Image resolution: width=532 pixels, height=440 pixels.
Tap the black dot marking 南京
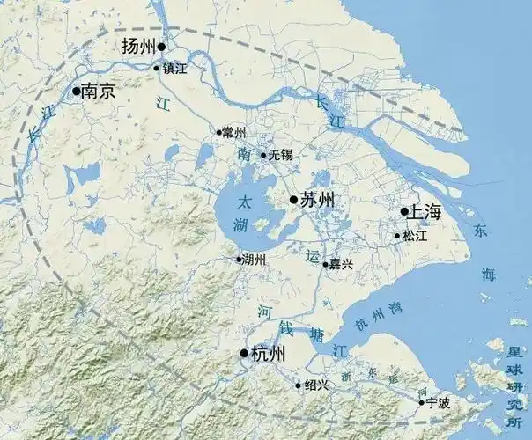(77, 91)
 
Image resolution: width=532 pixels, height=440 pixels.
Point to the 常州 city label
(235, 133)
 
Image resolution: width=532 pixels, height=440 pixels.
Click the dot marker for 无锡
(262, 155)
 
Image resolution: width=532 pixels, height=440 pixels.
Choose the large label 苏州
(318, 201)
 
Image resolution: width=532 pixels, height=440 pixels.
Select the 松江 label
(415, 236)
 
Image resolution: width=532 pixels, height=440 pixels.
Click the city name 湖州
(254, 260)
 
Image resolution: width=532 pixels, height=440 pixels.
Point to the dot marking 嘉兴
(325, 264)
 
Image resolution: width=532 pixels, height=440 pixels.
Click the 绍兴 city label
(316, 385)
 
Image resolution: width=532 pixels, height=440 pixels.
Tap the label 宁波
(438, 403)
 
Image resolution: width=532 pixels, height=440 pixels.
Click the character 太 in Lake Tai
(247, 202)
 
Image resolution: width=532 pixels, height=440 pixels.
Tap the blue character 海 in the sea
(490, 275)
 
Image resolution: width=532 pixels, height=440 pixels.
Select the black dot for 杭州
(244, 354)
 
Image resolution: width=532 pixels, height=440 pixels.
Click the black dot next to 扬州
(161, 47)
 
